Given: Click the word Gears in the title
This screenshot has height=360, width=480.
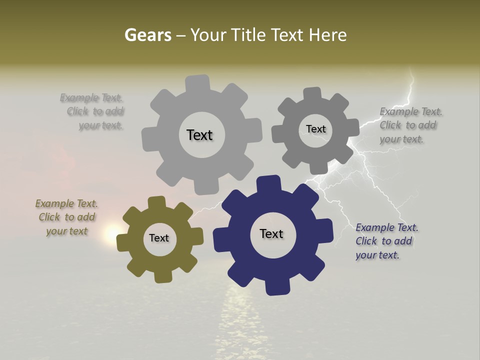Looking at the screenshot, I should [147, 35].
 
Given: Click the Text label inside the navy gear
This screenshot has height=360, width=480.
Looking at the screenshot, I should [271, 233].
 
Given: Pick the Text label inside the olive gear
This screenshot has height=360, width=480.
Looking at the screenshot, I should [159, 238].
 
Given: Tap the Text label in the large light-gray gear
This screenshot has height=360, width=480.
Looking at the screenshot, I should [199, 135].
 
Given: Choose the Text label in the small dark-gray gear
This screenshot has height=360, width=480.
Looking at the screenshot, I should [315, 129].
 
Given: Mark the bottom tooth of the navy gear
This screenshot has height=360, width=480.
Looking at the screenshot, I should [277, 287].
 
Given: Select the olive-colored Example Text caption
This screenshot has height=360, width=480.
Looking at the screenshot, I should [67, 217].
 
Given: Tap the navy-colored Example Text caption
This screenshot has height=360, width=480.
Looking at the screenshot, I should [386, 241].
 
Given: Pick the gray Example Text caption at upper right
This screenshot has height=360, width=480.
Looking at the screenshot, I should [410, 125].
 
